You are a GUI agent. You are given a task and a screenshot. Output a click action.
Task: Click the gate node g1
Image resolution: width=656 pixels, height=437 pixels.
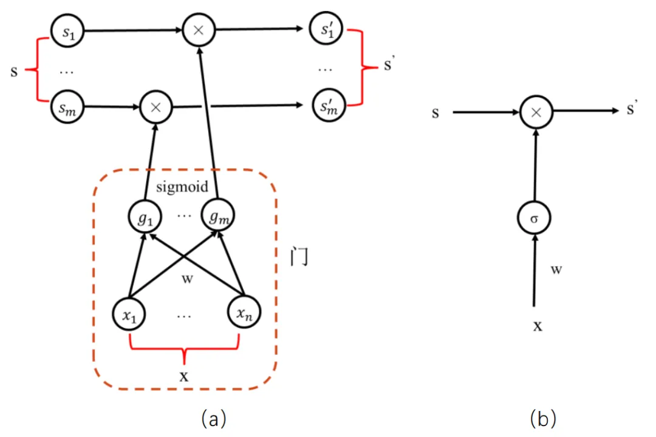(144, 215)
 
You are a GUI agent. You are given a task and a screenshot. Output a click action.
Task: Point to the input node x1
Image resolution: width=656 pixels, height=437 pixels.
(129, 314)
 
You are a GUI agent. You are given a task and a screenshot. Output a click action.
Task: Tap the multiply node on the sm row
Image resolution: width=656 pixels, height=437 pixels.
(155, 107)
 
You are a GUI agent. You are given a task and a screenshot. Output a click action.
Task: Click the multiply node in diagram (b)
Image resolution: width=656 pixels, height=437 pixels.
(535, 112)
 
